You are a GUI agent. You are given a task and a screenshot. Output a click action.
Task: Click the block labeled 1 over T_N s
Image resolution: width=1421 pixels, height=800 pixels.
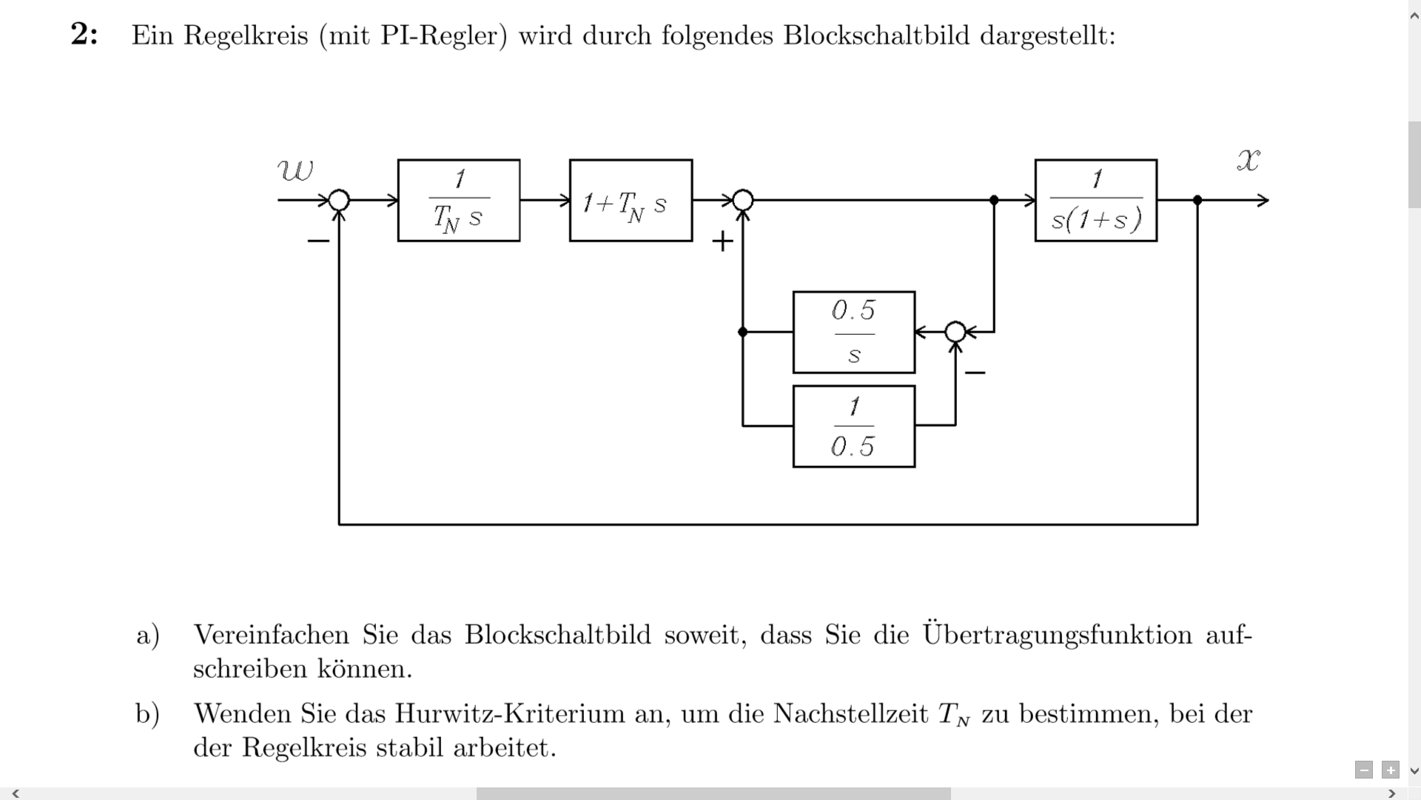(x=459, y=200)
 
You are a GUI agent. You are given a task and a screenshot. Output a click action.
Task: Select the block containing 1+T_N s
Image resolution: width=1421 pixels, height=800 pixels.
(x=631, y=200)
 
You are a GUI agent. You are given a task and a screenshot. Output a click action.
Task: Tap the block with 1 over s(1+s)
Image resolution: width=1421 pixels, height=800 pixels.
(x=1095, y=200)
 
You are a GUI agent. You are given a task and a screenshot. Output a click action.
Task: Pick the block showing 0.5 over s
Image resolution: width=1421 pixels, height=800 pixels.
(x=853, y=332)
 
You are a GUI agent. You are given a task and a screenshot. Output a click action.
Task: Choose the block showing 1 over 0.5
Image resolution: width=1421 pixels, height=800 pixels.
(x=853, y=426)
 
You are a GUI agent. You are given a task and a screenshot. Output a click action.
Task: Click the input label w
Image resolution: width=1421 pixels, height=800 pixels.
(x=295, y=170)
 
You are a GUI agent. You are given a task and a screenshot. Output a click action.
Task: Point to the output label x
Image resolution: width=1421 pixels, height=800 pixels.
(x=1249, y=160)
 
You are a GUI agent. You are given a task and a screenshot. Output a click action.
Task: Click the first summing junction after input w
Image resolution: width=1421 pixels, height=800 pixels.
(x=339, y=200)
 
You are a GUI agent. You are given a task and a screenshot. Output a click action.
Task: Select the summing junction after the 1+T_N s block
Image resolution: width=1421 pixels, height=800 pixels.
(x=742, y=200)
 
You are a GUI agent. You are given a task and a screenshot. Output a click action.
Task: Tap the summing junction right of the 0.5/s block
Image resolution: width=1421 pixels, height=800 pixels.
(x=955, y=332)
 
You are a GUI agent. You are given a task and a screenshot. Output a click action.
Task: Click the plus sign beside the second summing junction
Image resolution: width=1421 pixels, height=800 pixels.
(x=722, y=241)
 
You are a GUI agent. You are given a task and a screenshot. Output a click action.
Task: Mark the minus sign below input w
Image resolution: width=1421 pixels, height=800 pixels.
(x=318, y=241)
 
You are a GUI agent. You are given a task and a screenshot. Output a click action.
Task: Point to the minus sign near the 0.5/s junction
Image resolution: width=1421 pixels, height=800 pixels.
(x=975, y=372)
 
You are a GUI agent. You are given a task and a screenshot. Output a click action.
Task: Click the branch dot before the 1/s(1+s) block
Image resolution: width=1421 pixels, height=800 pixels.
(x=994, y=200)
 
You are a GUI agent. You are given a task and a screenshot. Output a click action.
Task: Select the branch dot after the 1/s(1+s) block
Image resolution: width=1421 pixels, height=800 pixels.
(x=1197, y=200)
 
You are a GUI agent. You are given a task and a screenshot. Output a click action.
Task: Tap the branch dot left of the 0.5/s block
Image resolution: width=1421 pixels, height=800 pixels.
(x=742, y=332)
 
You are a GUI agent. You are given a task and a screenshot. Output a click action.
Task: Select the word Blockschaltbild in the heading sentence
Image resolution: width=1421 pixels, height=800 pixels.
(x=876, y=35)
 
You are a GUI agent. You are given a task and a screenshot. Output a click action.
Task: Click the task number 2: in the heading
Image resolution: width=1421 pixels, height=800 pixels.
(x=84, y=35)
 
